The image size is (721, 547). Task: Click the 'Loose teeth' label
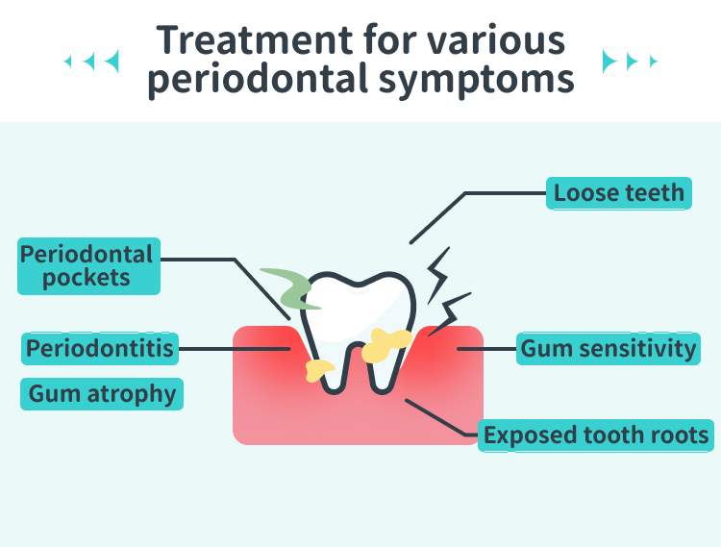(618, 193)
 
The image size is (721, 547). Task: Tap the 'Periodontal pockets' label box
(87, 266)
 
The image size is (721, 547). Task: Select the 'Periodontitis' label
(100, 348)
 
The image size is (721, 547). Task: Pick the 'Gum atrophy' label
(102, 393)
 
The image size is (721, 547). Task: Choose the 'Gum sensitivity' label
(608, 348)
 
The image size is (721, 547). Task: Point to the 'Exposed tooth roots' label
(596, 435)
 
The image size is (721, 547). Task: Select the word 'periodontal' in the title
(256, 80)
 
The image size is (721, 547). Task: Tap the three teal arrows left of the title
(92, 62)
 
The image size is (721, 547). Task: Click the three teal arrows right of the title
(630, 62)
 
